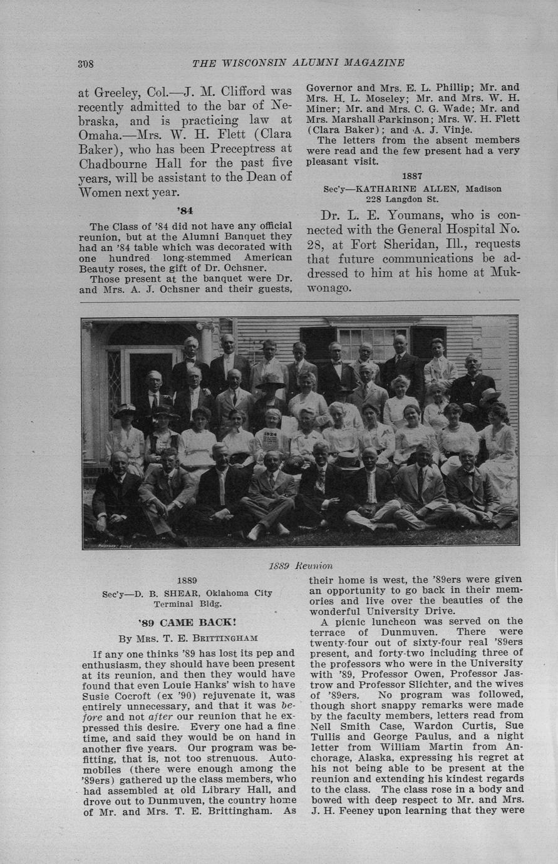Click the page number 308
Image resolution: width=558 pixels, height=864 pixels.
(86, 63)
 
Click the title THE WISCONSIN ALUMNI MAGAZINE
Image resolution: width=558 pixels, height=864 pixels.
(298, 63)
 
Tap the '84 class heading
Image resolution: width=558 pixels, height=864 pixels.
(185, 210)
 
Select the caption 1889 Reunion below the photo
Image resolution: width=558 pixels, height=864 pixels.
(301, 566)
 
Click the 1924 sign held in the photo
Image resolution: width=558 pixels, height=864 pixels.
(271, 435)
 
